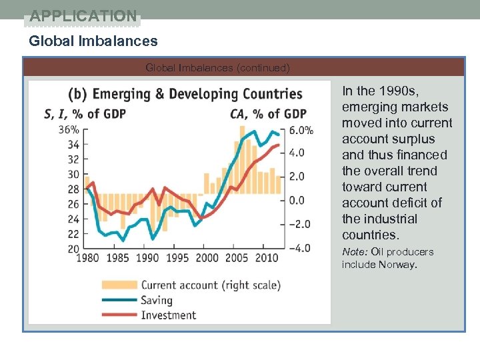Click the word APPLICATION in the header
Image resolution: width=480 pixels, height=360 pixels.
[x=83, y=15]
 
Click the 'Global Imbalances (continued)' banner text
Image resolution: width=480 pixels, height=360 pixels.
[x=217, y=67]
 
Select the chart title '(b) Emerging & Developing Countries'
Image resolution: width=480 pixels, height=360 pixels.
[x=185, y=94]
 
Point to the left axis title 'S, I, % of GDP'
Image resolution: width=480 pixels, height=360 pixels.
[x=85, y=113]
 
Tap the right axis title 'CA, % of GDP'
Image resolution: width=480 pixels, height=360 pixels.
[x=268, y=113]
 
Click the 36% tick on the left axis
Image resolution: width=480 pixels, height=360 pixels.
[x=69, y=129]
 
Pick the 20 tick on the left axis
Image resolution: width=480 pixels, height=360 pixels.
[x=73, y=248]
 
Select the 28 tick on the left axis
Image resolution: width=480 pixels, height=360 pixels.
[x=73, y=189]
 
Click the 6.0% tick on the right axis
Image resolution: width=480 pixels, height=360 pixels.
[x=300, y=131]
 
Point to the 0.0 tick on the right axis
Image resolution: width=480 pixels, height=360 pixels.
[x=297, y=200]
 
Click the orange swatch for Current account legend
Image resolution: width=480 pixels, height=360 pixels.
[x=119, y=285]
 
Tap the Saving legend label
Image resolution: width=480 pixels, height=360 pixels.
[x=157, y=300]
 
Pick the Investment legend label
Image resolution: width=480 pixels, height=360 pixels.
[x=168, y=315]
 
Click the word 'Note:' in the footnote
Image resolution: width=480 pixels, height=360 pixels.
[x=355, y=251]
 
